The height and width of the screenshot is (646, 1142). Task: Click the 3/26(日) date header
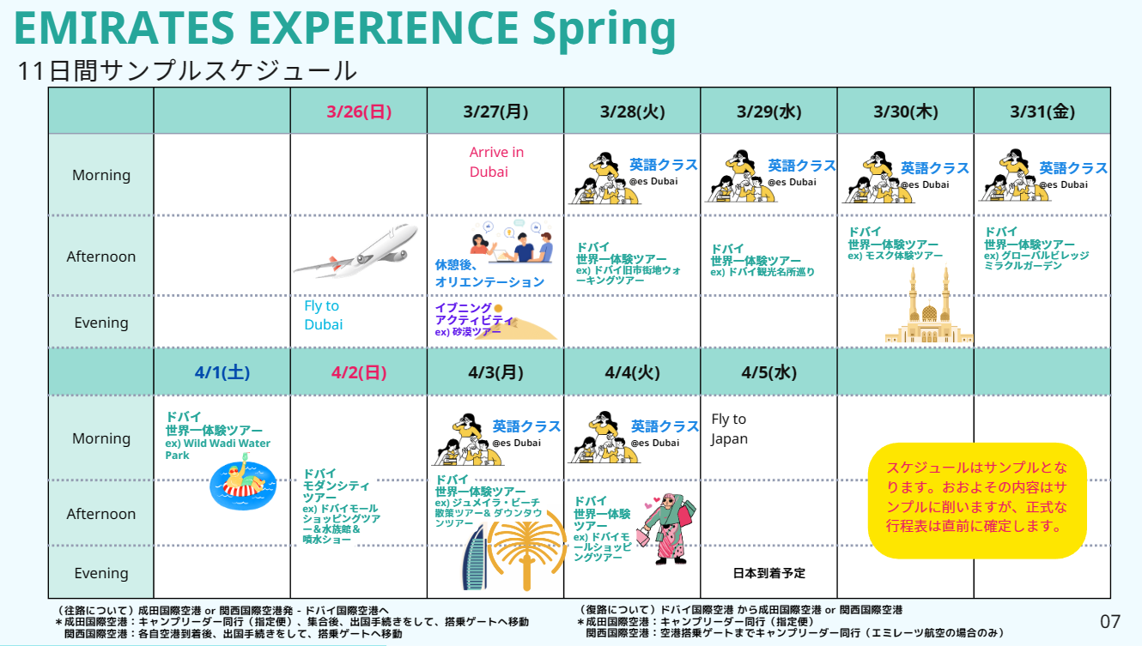tap(359, 112)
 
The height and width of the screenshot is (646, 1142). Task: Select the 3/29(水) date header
tap(768, 112)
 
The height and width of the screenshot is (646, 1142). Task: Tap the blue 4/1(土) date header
tap(222, 372)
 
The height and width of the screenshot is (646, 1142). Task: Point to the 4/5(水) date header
tap(768, 372)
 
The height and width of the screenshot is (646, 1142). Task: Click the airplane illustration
tap(355, 251)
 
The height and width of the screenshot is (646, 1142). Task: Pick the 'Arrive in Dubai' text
tap(496, 162)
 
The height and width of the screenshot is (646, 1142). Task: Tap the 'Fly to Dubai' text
tap(323, 315)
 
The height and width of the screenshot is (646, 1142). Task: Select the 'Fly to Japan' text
tap(729, 428)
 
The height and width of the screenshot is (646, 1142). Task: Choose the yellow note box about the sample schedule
tap(977, 500)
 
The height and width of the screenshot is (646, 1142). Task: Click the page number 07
tap(1110, 621)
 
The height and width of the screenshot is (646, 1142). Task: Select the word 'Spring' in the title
tap(604, 29)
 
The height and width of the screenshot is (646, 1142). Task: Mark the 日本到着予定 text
tap(768, 573)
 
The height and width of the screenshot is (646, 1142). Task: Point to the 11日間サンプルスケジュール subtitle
tap(187, 71)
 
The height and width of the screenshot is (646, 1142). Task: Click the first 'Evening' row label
tap(101, 323)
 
